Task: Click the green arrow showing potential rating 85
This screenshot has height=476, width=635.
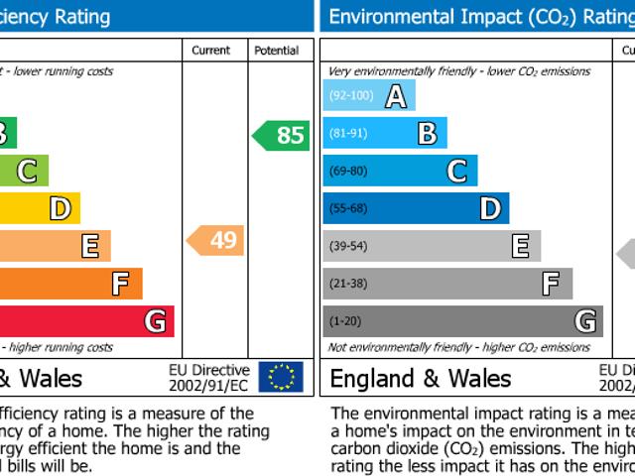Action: pos(281,135)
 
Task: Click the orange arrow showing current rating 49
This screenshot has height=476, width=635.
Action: pos(215,240)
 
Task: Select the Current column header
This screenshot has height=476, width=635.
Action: pos(210,51)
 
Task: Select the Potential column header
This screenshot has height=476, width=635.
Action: pos(276,51)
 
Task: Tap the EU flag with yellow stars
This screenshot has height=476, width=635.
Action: pos(281,377)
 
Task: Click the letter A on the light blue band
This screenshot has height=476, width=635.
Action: pos(396,96)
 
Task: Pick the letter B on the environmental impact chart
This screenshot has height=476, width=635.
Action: pos(427,133)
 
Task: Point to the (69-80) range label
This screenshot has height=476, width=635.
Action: pos(347,172)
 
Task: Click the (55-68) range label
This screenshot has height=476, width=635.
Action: pos(347,208)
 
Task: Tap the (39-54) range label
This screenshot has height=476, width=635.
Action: pos(347,246)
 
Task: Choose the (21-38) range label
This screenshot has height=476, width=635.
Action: pos(347,284)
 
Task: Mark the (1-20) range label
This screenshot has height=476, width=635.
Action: pos(344,321)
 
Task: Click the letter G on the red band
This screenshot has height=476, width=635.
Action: pos(155,321)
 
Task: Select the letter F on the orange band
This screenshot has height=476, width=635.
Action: pos(120,284)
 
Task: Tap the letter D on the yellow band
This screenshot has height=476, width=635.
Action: pos(60,208)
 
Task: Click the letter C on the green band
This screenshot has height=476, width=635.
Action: pos(28,172)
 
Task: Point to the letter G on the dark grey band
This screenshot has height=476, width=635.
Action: pos(585,321)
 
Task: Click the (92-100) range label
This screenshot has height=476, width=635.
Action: pos(350,96)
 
